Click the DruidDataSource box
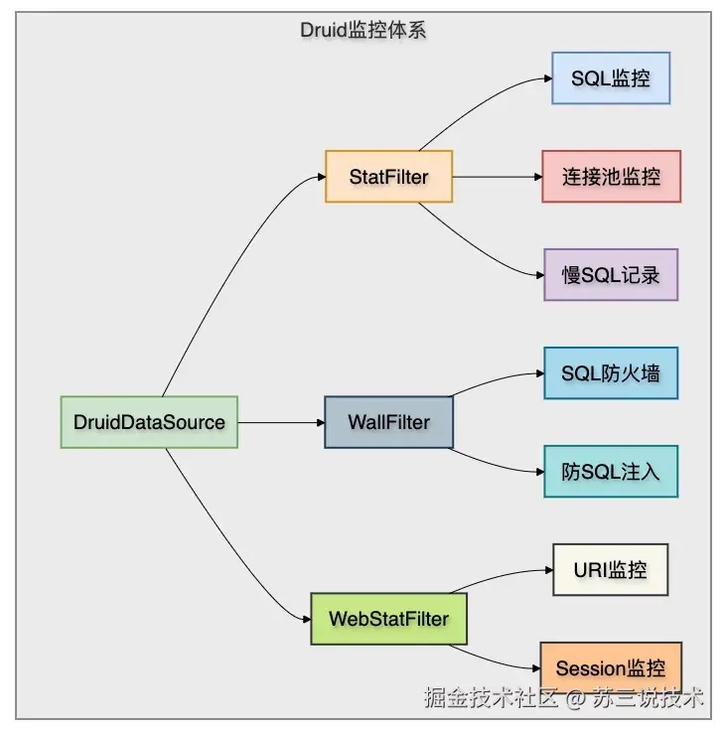[149, 422]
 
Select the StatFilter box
[389, 177]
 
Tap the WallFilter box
[389, 422]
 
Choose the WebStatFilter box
[389, 619]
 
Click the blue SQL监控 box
[611, 78]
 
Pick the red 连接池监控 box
[611, 177]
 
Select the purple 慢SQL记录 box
[611, 275]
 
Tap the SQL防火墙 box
[611, 373]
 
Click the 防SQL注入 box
[611, 472]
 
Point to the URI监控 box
[611, 570]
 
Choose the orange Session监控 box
[611, 668]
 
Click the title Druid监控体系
[362, 31]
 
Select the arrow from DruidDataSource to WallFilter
[281, 422]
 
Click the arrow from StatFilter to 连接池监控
[498, 177]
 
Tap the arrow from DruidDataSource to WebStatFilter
[223, 540]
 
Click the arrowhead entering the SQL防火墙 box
[540, 373]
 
